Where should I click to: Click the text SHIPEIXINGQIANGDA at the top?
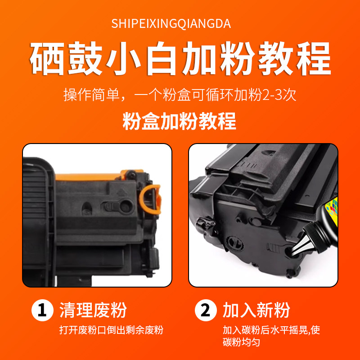[x=171, y=24]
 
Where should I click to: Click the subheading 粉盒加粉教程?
[x=180, y=121]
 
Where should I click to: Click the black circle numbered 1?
[x=41, y=311]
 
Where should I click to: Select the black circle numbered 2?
[x=204, y=311]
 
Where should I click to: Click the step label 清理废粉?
[x=93, y=311]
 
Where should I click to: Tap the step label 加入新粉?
[x=256, y=311]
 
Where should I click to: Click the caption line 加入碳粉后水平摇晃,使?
[x=271, y=330]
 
